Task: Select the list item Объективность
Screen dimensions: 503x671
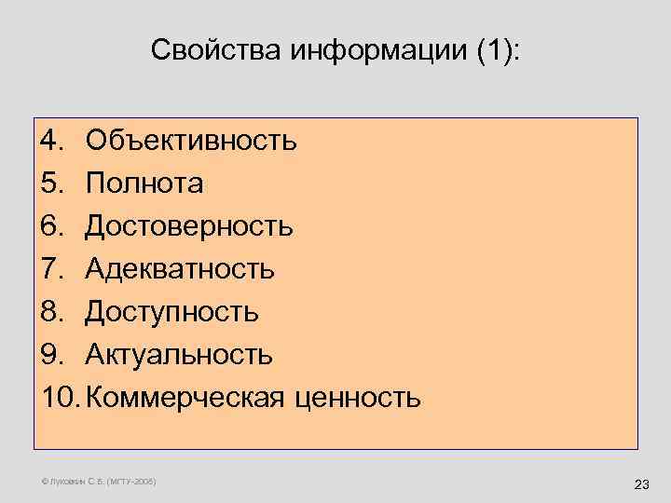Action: tap(192, 141)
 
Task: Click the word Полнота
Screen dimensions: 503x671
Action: tap(144, 184)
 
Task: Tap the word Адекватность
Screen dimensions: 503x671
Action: tap(180, 269)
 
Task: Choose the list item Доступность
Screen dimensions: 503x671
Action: tap(172, 312)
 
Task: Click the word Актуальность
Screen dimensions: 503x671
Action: tap(179, 355)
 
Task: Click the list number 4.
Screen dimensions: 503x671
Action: tap(51, 141)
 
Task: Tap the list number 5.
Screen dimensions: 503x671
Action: tap(51, 184)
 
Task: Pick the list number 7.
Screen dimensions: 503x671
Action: tap(51, 269)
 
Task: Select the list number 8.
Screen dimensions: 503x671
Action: tap(51, 312)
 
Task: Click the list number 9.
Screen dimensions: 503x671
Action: tap(51, 355)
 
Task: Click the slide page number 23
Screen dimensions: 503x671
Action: tap(640, 484)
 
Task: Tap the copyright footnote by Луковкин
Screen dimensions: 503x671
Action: tap(100, 481)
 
